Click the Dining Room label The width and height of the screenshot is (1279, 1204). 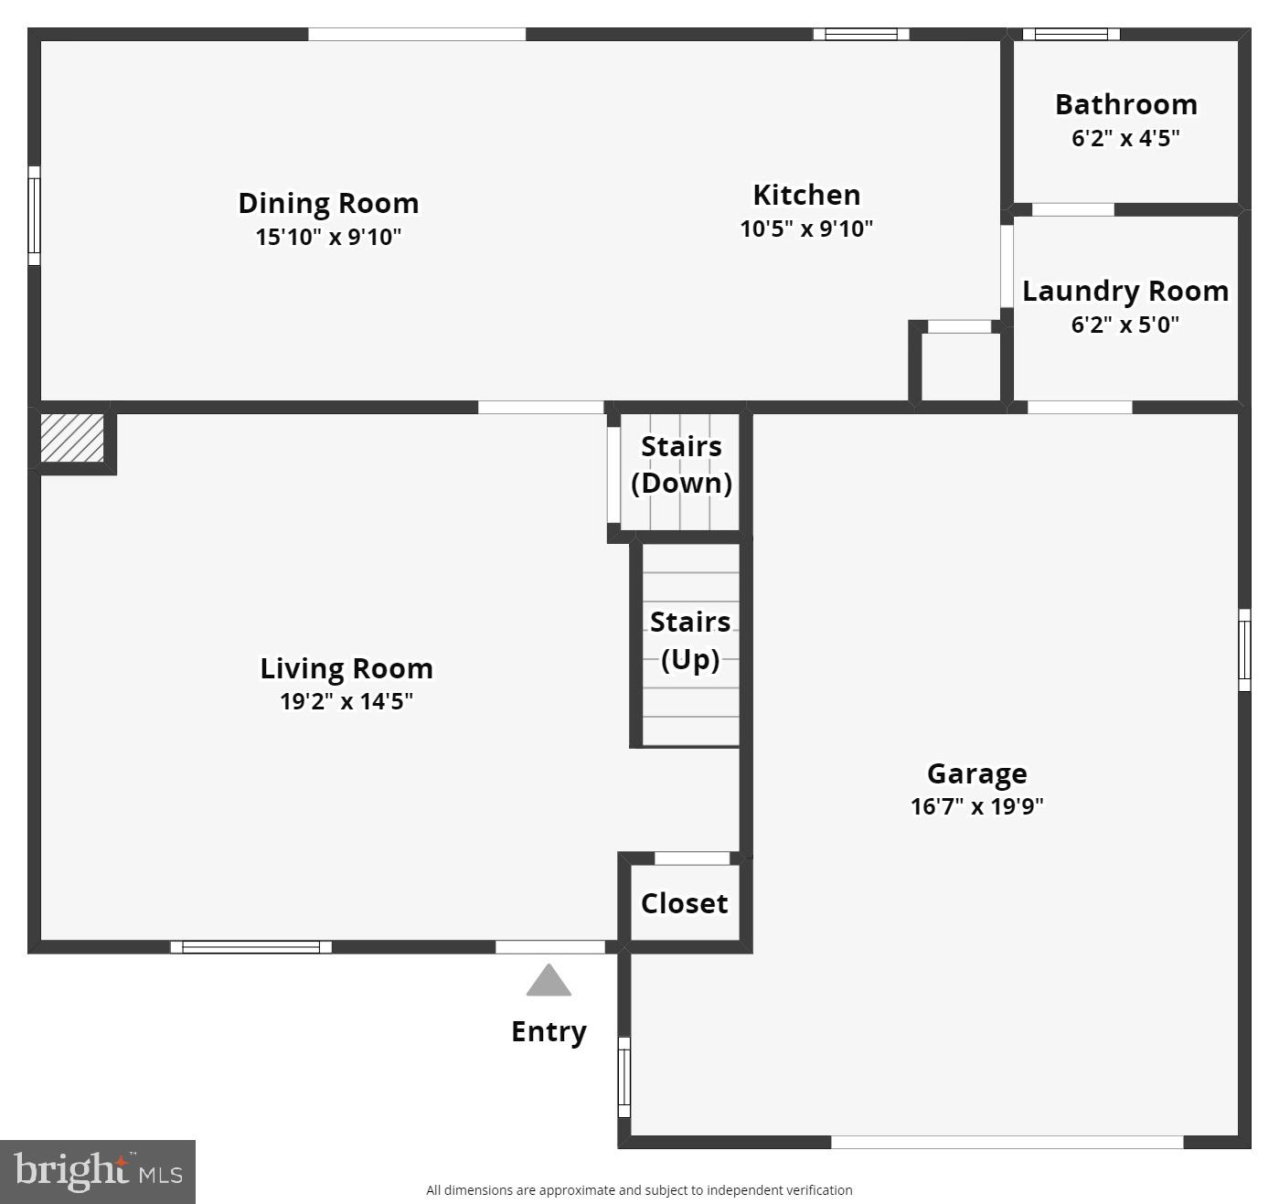click(328, 203)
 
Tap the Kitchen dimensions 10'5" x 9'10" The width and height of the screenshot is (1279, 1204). click(806, 229)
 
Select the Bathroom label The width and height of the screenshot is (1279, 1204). click(1125, 104)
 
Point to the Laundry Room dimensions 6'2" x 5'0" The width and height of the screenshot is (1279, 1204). click(1124, 325)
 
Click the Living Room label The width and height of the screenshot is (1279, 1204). click(346, 668)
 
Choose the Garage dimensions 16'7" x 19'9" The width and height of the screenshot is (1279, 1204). click(976, 806)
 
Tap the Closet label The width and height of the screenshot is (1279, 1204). click(684, 903)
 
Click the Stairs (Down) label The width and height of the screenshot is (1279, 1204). click(681, 464)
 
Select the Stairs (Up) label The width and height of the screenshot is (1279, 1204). click(690, 640)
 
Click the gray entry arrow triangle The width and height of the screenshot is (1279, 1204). click(549, 982)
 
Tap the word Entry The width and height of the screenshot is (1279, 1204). click(549, 1031)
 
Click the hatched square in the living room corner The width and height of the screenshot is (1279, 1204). click(72, 438)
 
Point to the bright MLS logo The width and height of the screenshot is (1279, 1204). click(98, 1171)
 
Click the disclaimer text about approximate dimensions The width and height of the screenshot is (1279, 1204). click(639, 1190)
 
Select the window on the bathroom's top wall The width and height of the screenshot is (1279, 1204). click(1071, 35)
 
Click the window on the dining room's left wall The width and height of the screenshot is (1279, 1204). click(35, 215)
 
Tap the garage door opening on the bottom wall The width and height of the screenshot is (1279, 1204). click(1007, 1142)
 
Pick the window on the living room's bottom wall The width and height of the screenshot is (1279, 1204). click(250, 947)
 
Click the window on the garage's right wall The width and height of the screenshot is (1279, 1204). click(1244, 650)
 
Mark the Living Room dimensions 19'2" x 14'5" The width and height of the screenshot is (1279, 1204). click(346, 701)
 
